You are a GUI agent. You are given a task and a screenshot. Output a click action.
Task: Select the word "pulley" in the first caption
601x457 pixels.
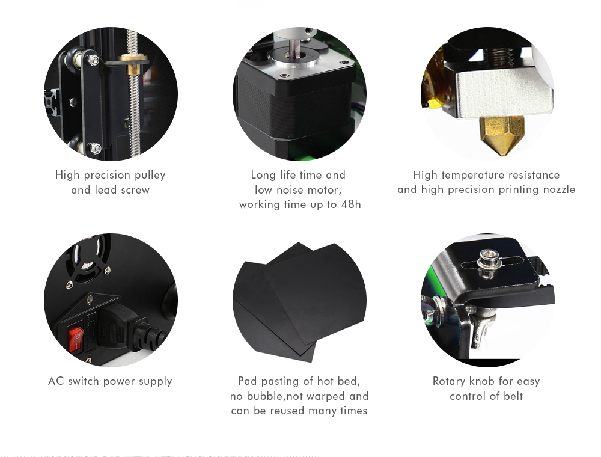(x=148, y=175)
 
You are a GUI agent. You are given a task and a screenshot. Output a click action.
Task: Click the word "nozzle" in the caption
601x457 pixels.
(x=557, y=190)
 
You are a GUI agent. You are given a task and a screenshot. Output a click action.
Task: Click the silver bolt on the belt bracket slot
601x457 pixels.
(x=485, y=262)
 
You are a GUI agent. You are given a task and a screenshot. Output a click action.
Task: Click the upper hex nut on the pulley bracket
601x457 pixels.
(x=93, y=61)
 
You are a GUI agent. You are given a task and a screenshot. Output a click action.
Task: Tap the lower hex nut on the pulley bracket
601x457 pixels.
(x=95, y=148)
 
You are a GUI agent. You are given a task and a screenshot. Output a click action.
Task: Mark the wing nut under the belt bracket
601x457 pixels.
(x=475, y=322)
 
